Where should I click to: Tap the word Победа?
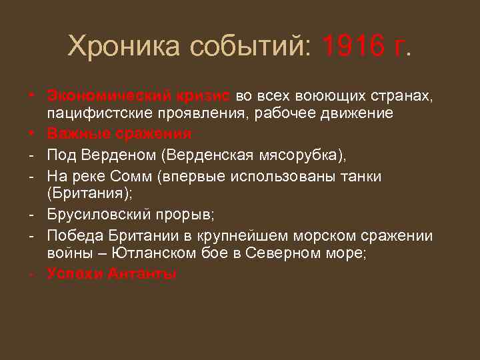coord(74,236)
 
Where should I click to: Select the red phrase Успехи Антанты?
coord(112,273)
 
